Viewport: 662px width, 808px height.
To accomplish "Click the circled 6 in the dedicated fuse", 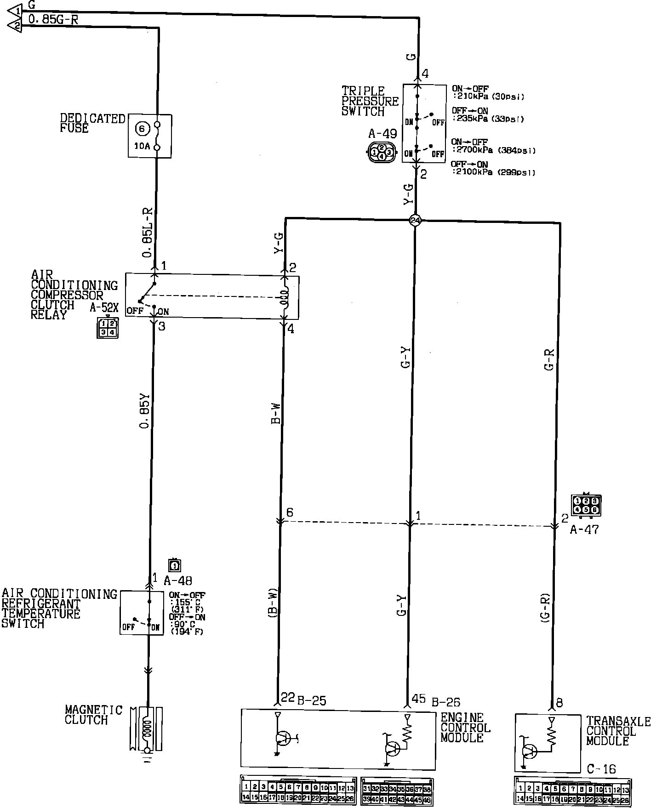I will click(x=142, y=129).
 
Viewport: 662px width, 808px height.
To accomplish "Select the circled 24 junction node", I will click(x=416, y=221).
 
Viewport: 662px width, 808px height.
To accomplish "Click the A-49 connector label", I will click(x=382, y=134).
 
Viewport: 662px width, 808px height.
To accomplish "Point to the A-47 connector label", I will click(x=584, y=529).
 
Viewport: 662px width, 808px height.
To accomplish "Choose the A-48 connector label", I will click(x=178, y=580).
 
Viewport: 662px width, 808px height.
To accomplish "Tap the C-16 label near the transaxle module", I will click(x=601, y=768).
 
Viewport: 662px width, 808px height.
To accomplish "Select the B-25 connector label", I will click(x=311, y=700).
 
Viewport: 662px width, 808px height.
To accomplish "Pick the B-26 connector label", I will click(x=445, y=702).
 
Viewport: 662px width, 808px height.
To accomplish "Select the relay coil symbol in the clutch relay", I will click(x=285, y=298).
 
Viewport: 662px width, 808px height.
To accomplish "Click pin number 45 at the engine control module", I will click(x=419, y=699).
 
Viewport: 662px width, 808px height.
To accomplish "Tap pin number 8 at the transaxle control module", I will click(x=559, y=702).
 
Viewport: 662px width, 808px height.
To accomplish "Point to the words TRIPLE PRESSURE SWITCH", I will click(x=370, y=101).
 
